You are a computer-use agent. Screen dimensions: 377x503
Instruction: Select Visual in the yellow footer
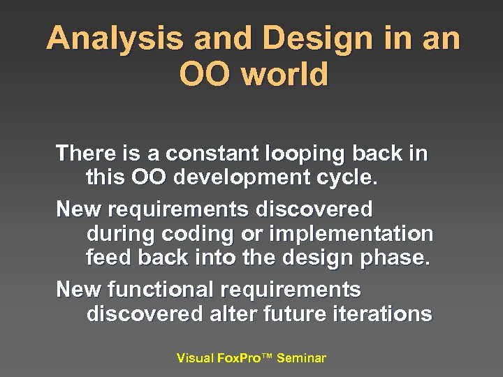pos(195,358)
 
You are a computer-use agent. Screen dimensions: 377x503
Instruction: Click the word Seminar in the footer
pos(301,358)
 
